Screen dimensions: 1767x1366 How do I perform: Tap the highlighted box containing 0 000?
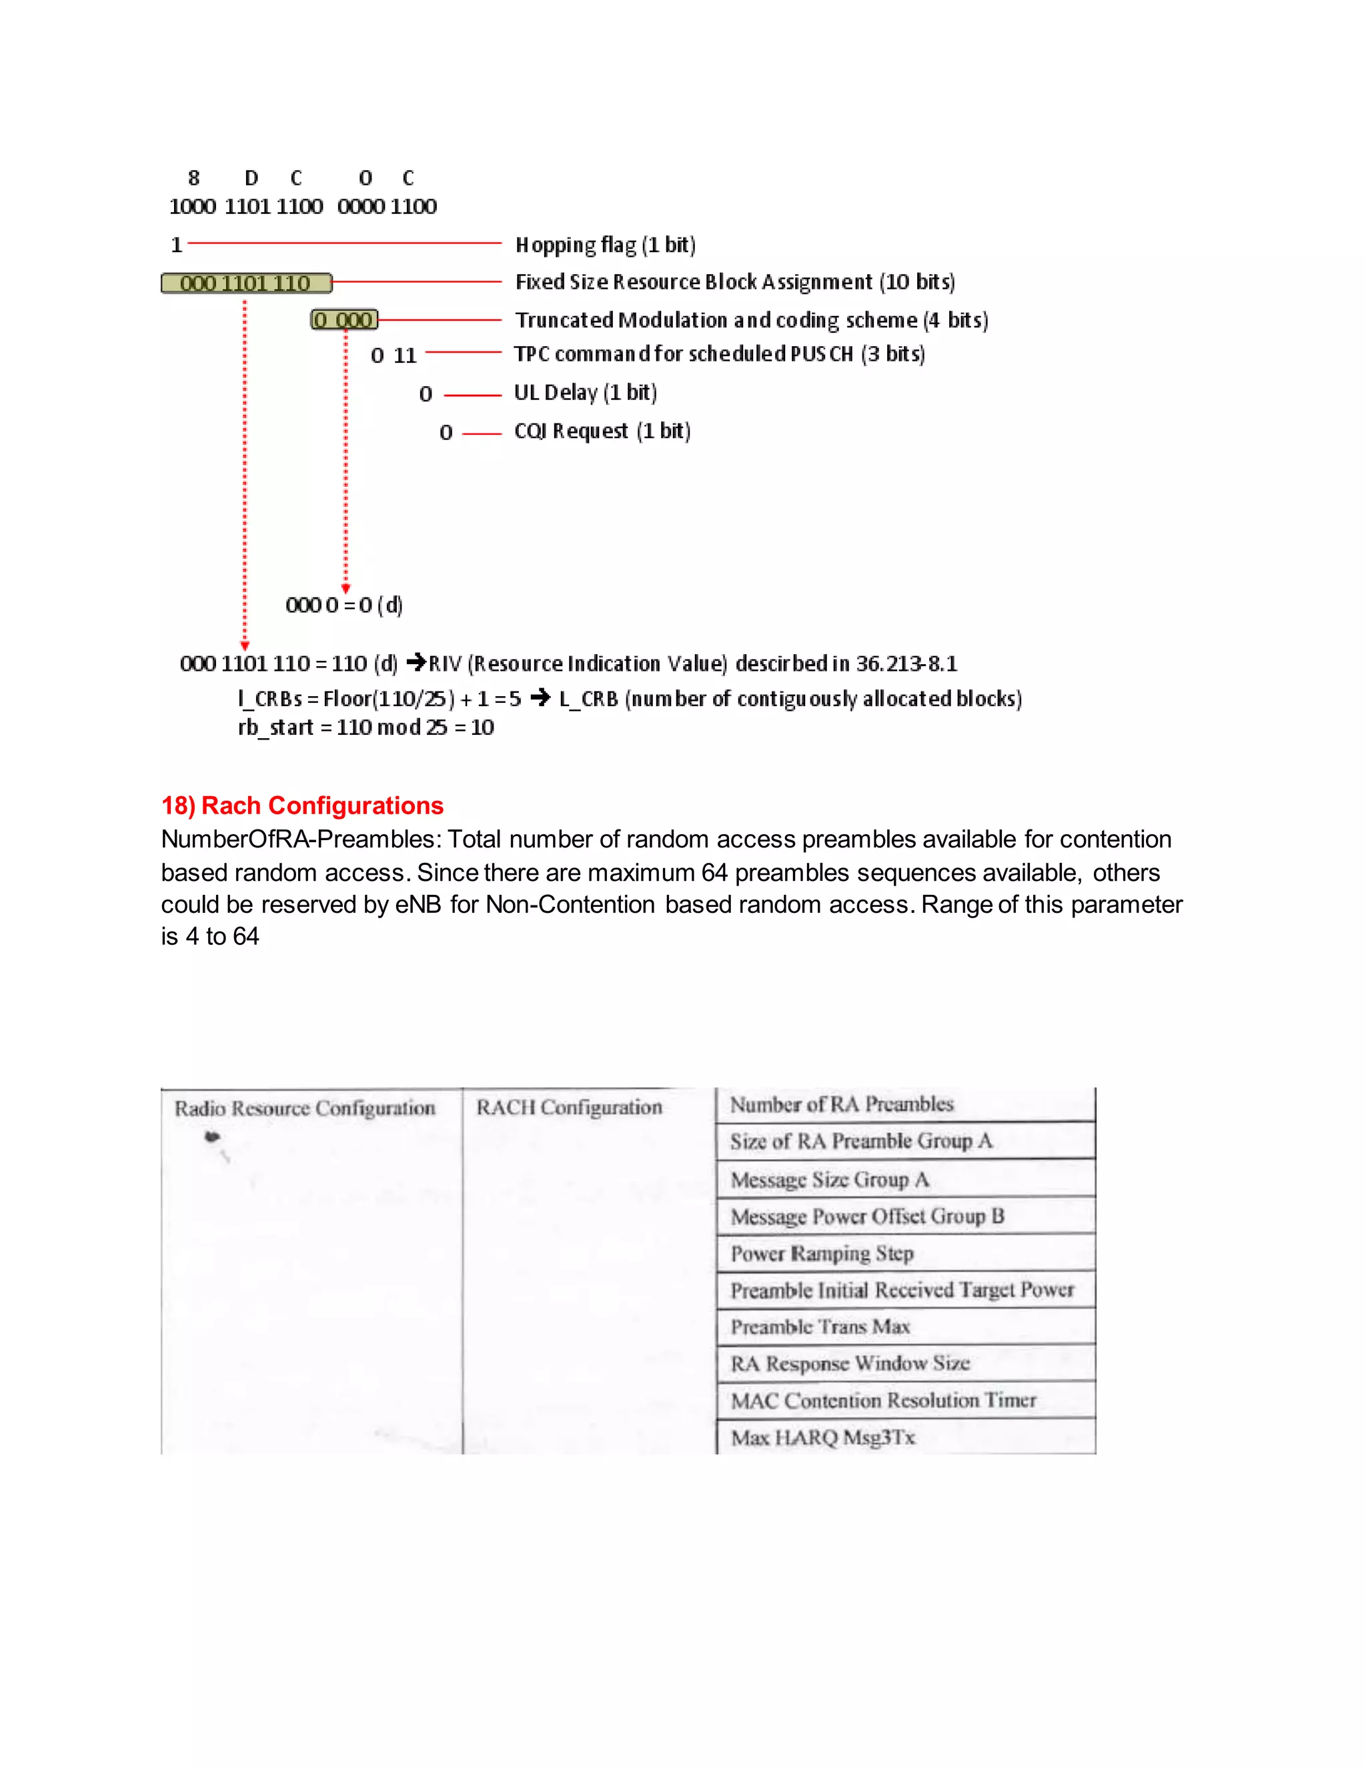pyautogui.click(x=345, y=320)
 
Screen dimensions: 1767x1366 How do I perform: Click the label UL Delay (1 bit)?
pyautogui.click(x=585, y=392)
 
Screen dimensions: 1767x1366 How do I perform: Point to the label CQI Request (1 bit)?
pyautogui.click(x=602, y=431)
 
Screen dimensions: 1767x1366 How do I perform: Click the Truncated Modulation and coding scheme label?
pyautogui.click(x=752, y=320)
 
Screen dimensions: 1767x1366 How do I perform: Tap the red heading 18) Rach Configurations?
pyautogui.click(x=302, y=806)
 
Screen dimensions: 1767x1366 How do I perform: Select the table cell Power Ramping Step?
pyautogui.click(x=822, y=1254)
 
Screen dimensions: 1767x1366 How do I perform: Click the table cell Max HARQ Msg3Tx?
pyautogui.click(x=823, y=1438)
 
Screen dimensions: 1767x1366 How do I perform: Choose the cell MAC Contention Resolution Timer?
pyautogui.click(x=883, y=1400)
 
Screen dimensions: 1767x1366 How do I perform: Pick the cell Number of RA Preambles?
pyautogui.click(x=842, y=1104)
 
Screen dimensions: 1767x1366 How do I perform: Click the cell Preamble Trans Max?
pyautogui.click(x=820, y=1327)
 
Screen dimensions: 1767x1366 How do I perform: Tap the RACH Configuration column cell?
pyautogui.click(x=569, y=1108)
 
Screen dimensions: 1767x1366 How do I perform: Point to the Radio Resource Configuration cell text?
pyautogui.click(x=304, y=1108)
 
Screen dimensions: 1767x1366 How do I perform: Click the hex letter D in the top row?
pyautogui.click(x=251, y=178)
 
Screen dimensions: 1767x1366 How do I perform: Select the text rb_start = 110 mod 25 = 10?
pyautogui.click(x=366, y=727)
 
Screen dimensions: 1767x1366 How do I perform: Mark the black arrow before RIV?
pyautogui.click(x=416, y=663)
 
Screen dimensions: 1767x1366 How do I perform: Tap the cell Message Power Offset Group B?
pyautogui.click(x=866, y=1217)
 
